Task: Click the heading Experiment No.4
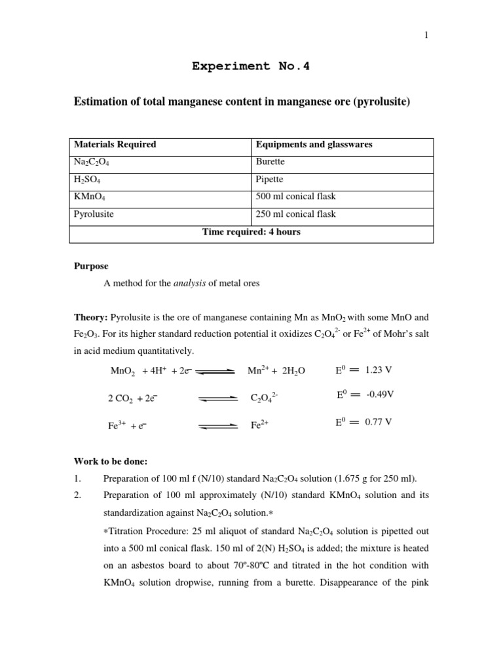coord(251,66)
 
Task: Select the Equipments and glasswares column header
coord(314,145)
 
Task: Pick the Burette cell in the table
coord(270,163)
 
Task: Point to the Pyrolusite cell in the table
coord(94,214)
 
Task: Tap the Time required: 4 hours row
coord(251,232)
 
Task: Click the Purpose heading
coord(91,267)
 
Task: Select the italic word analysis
coord(189,284)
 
